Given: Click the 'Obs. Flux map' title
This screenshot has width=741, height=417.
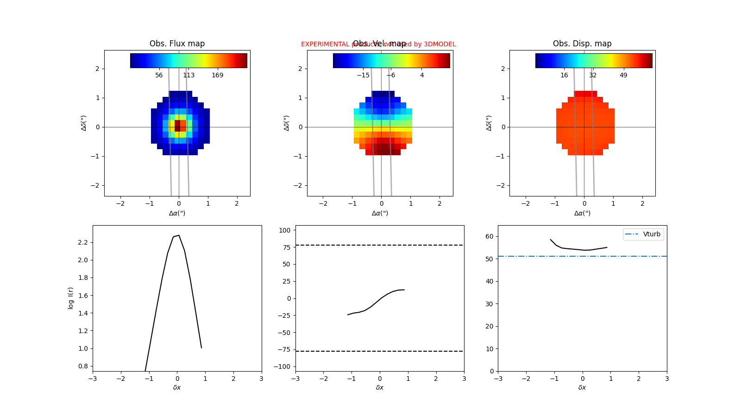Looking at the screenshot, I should pos(177,44).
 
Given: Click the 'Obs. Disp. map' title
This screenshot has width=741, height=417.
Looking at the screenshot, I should pos(582,44).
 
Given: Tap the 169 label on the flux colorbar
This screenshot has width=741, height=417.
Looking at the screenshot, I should pos(217,75).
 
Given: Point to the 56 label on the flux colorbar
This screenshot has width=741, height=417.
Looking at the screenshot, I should pos(159,75).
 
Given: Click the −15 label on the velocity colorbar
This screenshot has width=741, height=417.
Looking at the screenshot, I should pos(363,75).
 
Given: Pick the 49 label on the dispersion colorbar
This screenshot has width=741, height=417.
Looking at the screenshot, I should pos(623,75).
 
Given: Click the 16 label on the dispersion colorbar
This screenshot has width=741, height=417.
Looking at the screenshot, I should pos(564,75).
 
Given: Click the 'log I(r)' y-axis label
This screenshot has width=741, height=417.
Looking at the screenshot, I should pos(71,298).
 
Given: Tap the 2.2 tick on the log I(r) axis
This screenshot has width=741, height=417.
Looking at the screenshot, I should pos(83,242).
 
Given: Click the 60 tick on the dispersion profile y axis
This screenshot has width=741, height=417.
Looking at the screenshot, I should pos(489,237).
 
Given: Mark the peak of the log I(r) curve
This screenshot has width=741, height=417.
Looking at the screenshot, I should pos(179,235).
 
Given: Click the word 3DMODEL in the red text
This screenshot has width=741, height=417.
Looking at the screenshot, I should pos(440,44).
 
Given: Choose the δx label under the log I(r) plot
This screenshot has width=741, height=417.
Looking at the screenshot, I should pos(177,387).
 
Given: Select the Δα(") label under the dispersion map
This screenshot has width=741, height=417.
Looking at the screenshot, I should pos(582,213).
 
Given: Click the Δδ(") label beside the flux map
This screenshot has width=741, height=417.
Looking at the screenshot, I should pos(84,123).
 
